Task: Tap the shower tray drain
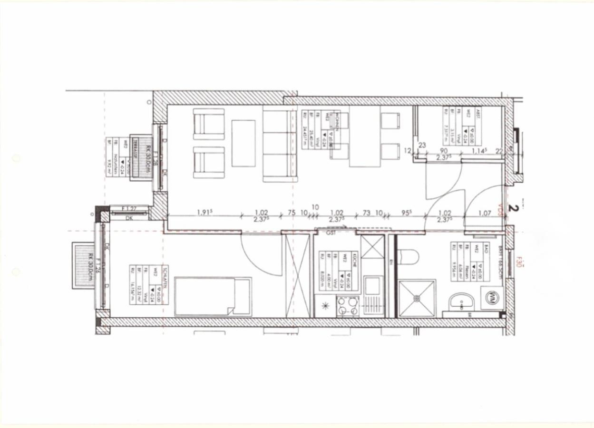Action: click(x=417, y=298)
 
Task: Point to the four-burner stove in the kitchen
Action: click(x=348, y=306)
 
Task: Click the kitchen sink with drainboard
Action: click(x=372, y=295)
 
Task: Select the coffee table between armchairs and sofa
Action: click(x=243, y=143)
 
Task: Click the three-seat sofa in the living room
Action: click(x=280, y=144)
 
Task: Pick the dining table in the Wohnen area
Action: click(x=365, y=136)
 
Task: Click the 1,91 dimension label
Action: click(x=204, y=213)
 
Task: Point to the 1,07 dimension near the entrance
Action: click(x=484, y=214)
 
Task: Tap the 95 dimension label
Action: click(x=407, y=213)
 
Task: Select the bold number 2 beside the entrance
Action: click(x=513, y=207)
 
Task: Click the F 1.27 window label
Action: click(x=129, y=208)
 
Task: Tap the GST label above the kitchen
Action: click(x=331, y=233)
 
